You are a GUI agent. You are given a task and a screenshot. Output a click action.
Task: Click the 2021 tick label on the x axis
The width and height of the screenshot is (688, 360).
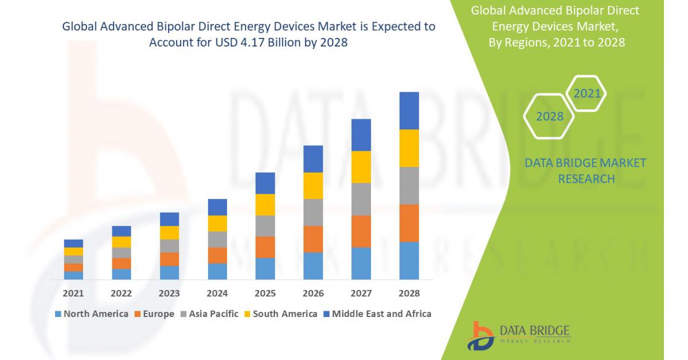coord(73,294)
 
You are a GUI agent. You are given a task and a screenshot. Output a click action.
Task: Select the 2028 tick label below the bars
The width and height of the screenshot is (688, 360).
coord(409,294)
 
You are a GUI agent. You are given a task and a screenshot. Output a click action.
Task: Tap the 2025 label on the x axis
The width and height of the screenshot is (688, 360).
coord(265,294)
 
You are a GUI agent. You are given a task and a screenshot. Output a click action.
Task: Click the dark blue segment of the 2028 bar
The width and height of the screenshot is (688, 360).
coord(409,111)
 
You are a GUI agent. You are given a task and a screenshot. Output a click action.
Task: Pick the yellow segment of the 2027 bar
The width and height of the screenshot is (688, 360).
coord(361,167)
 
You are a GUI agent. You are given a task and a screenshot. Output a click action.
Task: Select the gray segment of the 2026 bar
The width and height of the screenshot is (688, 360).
coord(313,212)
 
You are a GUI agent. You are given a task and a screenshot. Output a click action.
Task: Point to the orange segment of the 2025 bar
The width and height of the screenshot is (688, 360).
coord(265,247)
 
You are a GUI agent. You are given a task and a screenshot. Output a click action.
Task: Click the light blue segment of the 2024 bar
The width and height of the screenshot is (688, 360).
coord(217,271)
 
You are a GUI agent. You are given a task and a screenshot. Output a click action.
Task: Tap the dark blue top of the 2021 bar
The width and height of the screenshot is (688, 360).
coord(73,244)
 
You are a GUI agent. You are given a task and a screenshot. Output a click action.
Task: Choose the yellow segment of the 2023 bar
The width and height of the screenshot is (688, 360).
coord(169,233)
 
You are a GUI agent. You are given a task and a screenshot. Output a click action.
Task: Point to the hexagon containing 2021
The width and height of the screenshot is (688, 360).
coord(587,93)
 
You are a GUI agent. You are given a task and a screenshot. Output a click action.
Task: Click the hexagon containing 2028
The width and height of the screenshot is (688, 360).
coord(549,116)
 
